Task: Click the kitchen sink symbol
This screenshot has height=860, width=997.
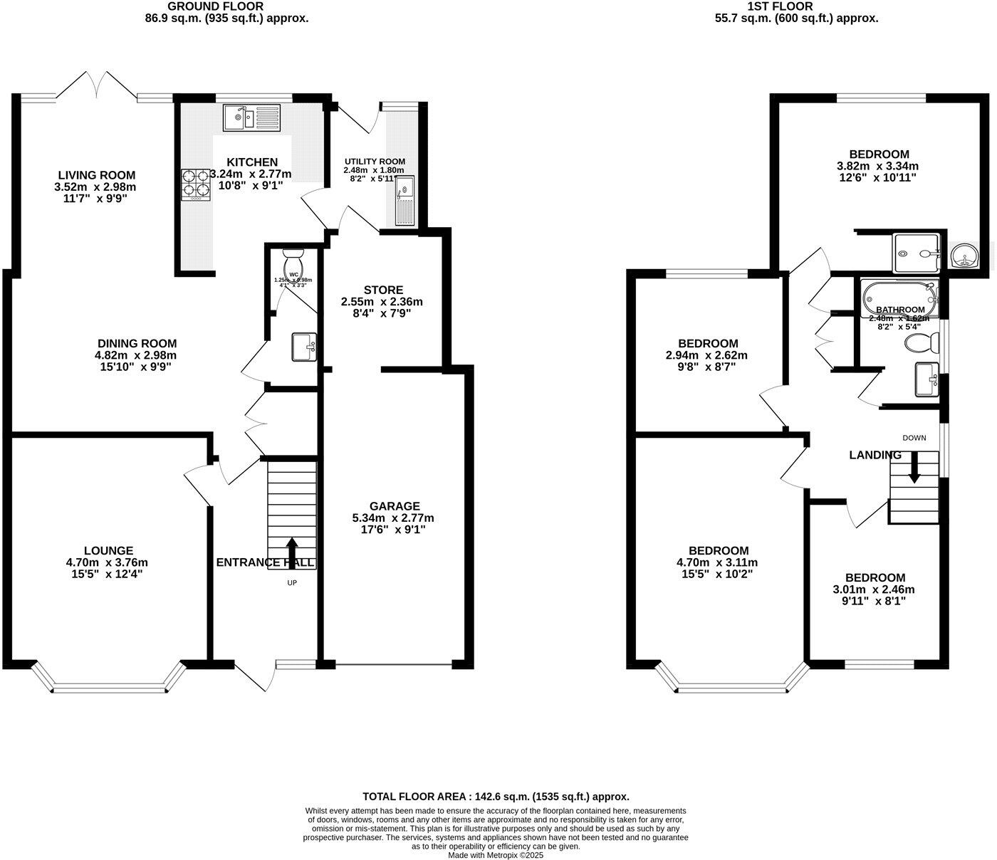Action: [x=252, y=117]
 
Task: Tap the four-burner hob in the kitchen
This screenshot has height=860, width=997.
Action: [x=198, y=184]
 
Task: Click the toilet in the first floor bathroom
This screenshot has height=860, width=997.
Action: [x=920, y=343]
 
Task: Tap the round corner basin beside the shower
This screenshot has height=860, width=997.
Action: [x=964, y=254]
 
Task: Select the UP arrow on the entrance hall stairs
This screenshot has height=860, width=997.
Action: [x=292, y=552]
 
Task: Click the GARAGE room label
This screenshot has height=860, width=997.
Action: [x=394, y=506]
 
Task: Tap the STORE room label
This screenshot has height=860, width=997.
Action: [x=383, y=290]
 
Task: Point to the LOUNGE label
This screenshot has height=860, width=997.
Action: [x=108, y=550]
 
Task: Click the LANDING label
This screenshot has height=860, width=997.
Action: [x=875, y=455]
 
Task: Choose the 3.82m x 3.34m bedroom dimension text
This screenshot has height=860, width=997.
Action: [x=879, y=166]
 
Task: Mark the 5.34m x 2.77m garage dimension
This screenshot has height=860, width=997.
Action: [x=393, y=518]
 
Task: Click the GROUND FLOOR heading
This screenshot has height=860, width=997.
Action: [x=225, y=6]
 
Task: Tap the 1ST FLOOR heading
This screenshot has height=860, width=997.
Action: [x=796, y=6]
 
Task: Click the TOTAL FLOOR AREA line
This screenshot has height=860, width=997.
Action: [x=496, y=797]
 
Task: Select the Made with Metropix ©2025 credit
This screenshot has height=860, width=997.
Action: [x=496, y=855]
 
